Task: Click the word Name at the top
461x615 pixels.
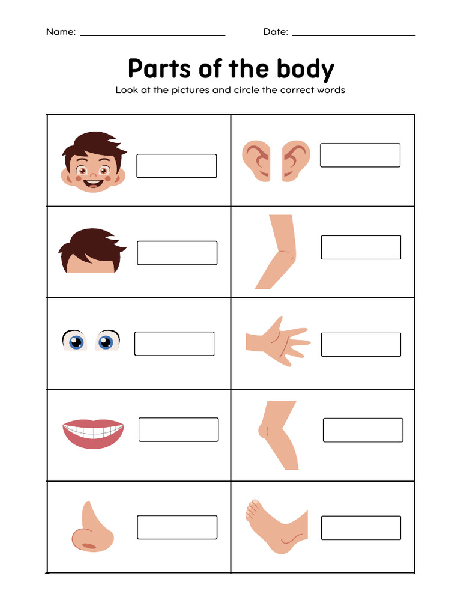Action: click(60, 32)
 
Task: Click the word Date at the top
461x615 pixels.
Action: click(275, 32)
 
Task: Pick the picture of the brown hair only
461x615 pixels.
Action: click(91, 251)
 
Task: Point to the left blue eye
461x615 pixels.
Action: click(75, 341)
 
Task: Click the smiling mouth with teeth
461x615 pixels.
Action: click(94, 432)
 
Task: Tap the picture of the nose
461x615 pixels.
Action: click(91, 527)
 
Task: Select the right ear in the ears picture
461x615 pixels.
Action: click(296, 160)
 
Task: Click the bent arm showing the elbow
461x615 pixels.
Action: click(277, 252)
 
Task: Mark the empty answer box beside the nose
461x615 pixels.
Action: click(176, 527)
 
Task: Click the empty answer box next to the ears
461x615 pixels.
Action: click(360, 155)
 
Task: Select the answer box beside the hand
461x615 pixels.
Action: click(360, 345)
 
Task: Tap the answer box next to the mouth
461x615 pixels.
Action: click(178, 429)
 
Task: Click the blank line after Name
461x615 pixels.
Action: click(152, 34)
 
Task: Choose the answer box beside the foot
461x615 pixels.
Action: click(360, 527)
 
